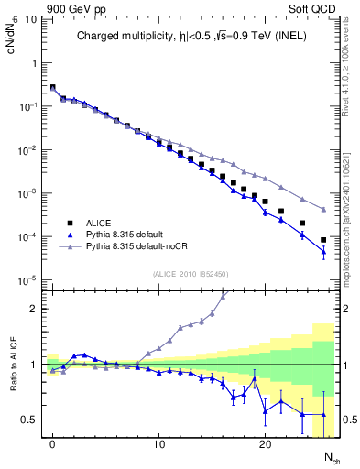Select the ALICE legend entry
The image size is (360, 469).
[x=100, y=223]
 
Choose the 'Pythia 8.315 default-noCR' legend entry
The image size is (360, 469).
[x=140, y=247]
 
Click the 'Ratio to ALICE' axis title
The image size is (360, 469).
[x=15, y=364]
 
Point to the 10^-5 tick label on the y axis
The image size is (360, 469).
[x=27, y=280]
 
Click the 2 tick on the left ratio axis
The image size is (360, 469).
[x=35, y=309]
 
